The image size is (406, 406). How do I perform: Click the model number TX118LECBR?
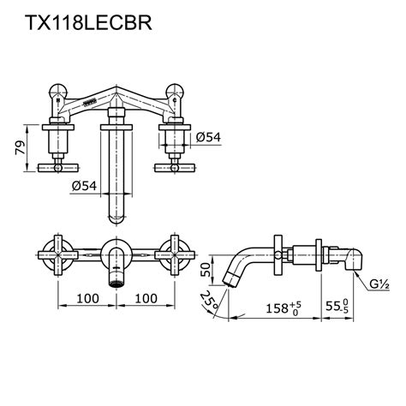[83, 23]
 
